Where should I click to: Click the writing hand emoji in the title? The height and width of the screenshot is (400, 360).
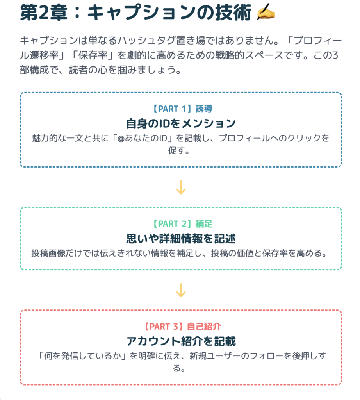(x=266, y=12)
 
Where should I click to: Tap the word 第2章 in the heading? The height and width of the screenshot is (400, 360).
(x=44, y=12)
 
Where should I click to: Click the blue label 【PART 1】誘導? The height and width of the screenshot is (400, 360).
(x=182, y=109)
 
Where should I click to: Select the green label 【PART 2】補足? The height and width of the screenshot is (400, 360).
(x=182, y=224)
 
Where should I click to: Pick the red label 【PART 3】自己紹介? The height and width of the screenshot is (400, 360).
(x=182, y=327)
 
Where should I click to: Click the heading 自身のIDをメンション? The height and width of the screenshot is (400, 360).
(x=181, y=123)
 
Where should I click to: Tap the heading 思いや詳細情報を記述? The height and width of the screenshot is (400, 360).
(x=181, y=239)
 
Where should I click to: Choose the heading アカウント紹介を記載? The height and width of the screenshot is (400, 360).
(x=181, y=341)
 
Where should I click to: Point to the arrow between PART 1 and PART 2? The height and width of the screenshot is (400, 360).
(x=181, y=187)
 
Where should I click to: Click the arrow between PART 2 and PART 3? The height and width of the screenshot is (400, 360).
(x=181, y=290)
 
